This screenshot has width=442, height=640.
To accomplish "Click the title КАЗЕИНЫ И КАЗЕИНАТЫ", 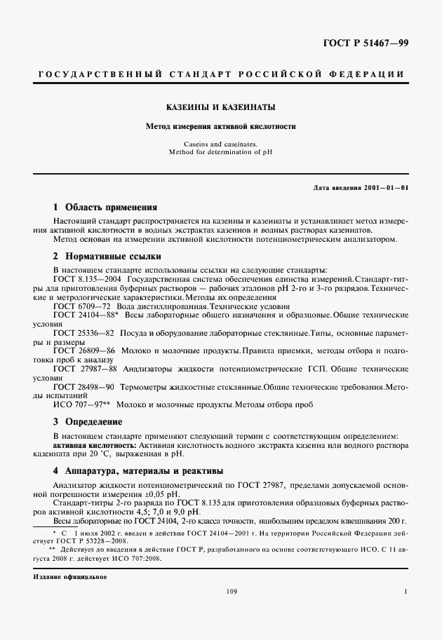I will [220, 108].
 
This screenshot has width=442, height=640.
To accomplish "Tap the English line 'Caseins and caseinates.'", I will [220, 143].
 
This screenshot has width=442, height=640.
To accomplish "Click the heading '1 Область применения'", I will [105, 207].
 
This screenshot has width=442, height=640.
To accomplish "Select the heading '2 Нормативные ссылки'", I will [107, 257].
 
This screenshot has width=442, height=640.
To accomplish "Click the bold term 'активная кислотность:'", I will [95, 445].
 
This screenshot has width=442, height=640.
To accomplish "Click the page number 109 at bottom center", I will [232, 592].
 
